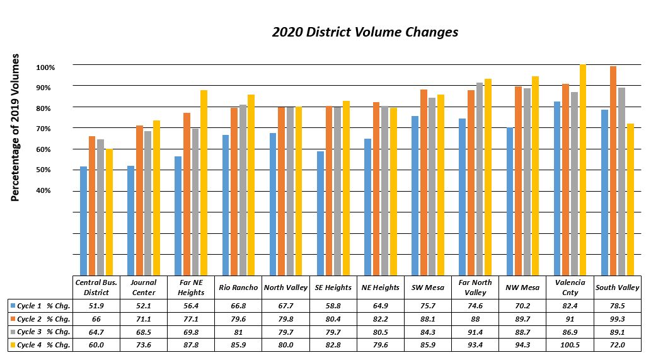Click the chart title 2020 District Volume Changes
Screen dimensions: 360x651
[365, 32]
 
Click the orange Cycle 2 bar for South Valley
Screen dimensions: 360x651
[613, 170]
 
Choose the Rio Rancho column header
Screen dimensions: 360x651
[239, 287]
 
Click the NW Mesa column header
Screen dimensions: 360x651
[522, 287]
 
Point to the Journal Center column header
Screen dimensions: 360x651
[144, 287]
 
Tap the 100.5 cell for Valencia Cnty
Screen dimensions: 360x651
[570, 345]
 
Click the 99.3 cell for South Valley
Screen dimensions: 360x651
[618, 319]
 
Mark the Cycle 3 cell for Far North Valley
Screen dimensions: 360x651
[476, 332]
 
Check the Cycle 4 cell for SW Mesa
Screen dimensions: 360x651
[429, 345]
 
